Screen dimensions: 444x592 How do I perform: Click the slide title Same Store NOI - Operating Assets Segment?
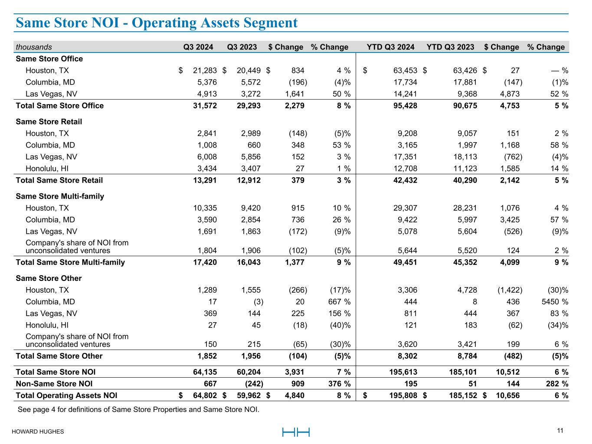point(157,23)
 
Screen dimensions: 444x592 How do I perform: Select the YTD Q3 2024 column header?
point(390,47)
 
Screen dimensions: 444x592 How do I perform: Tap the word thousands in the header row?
point(34,47)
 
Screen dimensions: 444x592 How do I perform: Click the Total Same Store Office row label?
point(60,106)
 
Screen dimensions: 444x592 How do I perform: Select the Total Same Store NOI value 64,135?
point(205,372)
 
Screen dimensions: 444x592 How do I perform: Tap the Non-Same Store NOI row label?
point(54,384)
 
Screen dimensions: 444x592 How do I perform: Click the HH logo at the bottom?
point(296,432)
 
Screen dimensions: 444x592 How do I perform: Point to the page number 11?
point(560,431)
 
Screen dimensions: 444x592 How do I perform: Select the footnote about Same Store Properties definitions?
point(138,409)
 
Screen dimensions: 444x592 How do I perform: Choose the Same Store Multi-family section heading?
point(60,196)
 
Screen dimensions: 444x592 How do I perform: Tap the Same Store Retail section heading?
point(49,122)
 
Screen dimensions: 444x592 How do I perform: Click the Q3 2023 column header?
point(242,47)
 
